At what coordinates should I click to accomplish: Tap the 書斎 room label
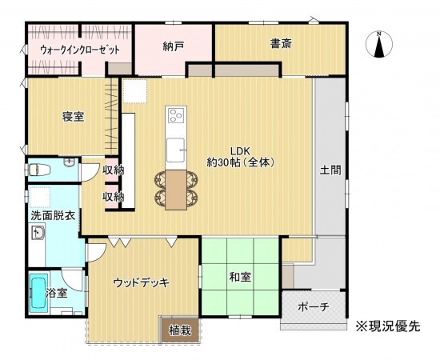tap(280, 45)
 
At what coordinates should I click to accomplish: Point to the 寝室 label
tap(74, 117)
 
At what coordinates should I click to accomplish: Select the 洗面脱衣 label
tap(54, 215)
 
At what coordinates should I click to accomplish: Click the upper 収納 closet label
tap(113, 170)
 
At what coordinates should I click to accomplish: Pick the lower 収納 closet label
tap(113, 196)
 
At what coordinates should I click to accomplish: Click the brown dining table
tap(175, 188)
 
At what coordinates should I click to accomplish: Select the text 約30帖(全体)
tap(241, 162)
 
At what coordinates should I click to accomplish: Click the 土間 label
tap(331, 170)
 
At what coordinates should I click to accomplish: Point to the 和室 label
tap(240, 278)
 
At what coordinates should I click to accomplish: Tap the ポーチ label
tap(312, 307)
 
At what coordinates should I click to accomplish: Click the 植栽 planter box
tap(179, 329)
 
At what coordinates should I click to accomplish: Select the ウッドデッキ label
tap(140, 282)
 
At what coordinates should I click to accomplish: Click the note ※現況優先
tap(387, 326)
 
